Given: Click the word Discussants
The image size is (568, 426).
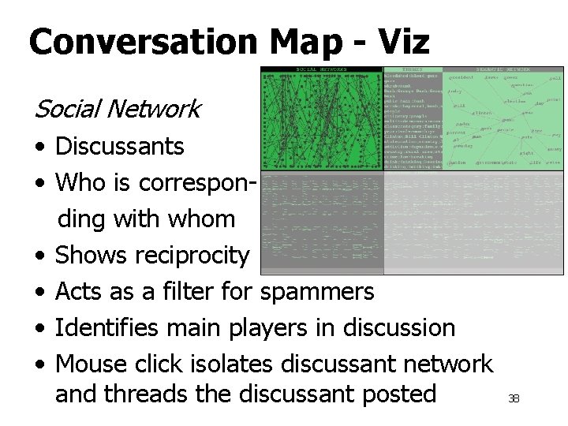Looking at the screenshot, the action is click(120, 146).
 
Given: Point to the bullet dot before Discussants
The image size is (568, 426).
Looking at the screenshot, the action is click(39, 147).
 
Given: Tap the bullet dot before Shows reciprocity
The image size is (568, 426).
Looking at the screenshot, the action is click(39, 256).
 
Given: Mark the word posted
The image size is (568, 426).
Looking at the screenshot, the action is click(397, 393).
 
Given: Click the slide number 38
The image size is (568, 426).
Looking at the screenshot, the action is click(514, 399).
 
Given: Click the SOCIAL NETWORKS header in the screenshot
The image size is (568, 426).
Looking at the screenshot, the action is click(322, 69).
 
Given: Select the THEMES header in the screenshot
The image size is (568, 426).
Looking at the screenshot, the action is click(413, 69).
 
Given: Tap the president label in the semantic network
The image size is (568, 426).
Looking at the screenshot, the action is click(458, 77).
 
